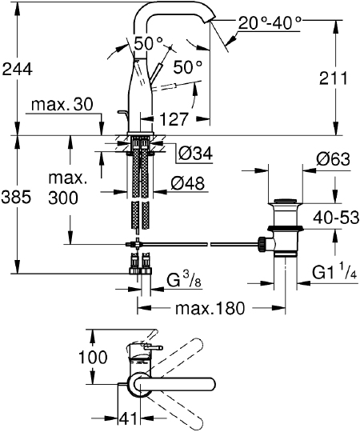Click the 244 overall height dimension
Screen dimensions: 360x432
pos(17,70)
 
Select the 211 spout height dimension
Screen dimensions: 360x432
pos(334,78)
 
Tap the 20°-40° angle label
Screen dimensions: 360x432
pos(270,23)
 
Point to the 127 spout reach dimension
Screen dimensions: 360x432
pos(174,119)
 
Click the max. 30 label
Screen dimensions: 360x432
pos(62,105)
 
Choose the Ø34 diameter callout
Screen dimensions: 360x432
pos(195,153)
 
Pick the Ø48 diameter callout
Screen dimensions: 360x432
pos(187,183)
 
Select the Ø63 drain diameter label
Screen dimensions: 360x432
pos(333,159)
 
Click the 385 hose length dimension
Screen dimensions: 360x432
pos(16,198)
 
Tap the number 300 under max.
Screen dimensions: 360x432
pos(63,198)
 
